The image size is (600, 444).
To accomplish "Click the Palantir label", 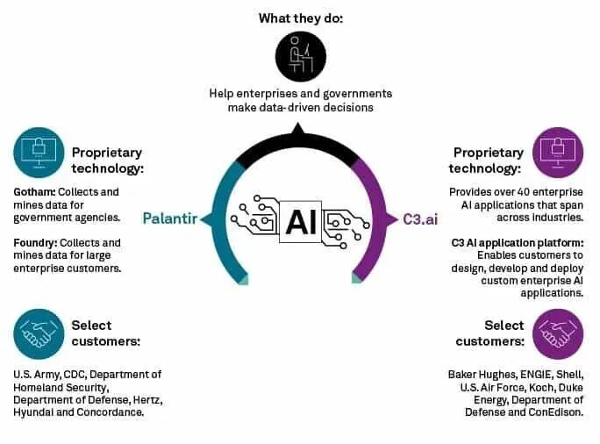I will coord(170,218).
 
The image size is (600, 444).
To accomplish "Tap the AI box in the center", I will coord(300,218).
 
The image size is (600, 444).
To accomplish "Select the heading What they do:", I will coord(300,18).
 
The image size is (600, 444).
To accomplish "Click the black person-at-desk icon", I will coord(300,57).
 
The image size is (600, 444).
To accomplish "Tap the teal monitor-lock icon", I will coord(39,152).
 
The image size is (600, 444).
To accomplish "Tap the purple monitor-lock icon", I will coord(557,152).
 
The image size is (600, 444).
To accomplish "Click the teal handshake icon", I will coord(39,333).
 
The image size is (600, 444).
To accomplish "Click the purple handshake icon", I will coord(557,333).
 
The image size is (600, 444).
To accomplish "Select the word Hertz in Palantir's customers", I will coord(146,400).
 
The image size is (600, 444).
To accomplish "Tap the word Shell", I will coord(568,375).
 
